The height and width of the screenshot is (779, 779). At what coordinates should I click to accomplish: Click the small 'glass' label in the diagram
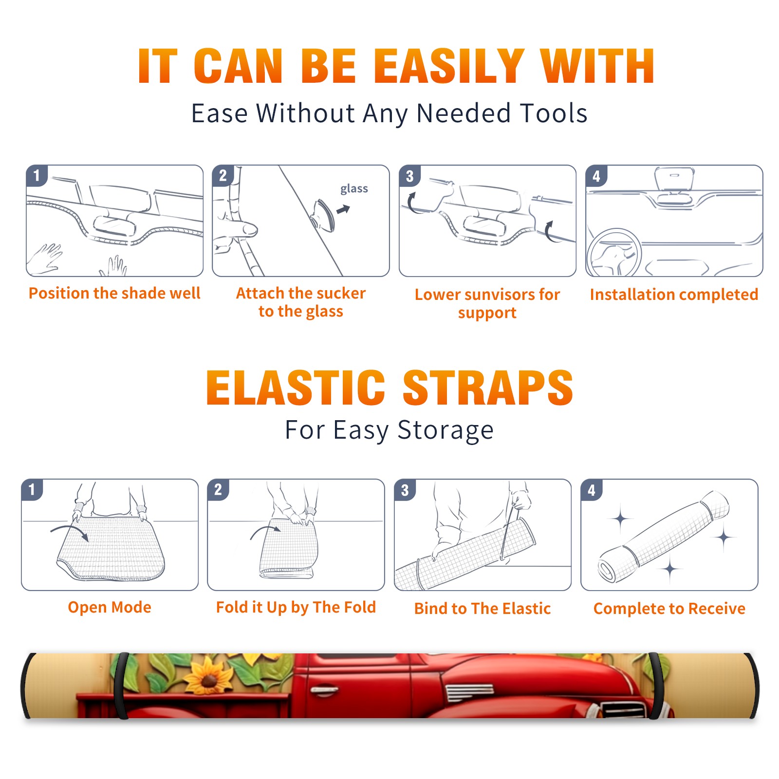(x=354, y=188)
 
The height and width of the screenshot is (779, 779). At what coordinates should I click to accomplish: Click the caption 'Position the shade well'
(x=114, y=293)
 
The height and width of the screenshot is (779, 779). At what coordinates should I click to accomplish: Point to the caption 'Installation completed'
(x=674, y=295)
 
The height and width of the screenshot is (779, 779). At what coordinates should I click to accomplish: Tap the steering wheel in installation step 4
(x=613, y=253)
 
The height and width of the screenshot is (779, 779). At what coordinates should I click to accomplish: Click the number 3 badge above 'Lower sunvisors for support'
(x=409, y=176)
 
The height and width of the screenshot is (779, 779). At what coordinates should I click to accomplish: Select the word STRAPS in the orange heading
(x=488, y=388)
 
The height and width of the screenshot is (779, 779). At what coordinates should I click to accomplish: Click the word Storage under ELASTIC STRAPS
(x=445, y=430)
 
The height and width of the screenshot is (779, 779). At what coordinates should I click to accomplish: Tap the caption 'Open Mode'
(x=110, y=607)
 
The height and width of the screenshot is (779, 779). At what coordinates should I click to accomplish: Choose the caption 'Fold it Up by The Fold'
(x=296, y=608)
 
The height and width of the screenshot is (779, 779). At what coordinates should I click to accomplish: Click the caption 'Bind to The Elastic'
(x=482, y=609)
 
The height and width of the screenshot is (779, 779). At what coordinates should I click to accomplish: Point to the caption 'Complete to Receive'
(x=669, y=609)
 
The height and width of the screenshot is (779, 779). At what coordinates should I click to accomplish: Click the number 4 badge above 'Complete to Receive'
(x=592, y=490)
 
